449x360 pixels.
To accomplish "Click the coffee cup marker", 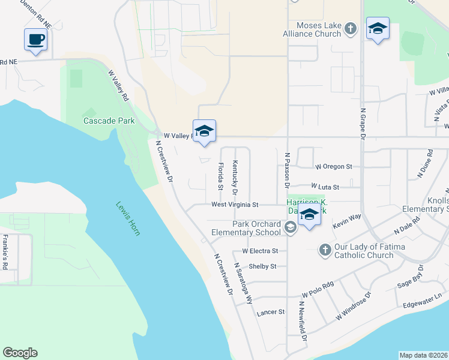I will (35, 40).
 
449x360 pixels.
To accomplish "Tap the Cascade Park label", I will (109, 121).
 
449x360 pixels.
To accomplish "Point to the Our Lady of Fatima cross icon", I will (325, 250).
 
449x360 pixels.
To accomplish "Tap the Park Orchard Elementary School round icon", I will (291, 227).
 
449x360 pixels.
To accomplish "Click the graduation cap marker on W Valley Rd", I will (204, 131).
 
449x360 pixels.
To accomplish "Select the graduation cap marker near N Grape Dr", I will (378, 28).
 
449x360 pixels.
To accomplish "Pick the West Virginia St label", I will (234, 205).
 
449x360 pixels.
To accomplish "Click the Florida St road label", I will (221, 174).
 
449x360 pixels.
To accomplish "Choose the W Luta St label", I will (325, 187).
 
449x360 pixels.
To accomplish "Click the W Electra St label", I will (260, 251).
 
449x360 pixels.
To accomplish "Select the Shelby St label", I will (262, 266).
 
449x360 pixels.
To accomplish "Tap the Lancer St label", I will (270, 312).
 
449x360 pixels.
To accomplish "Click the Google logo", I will (20, 353).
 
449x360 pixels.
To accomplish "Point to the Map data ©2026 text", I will (423, 355).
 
